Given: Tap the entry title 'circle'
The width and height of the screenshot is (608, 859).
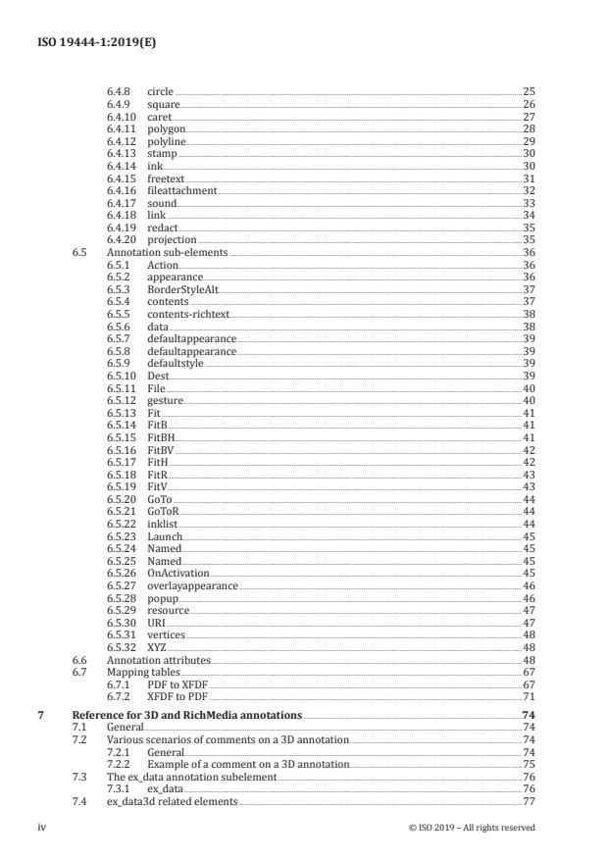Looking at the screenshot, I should pos(160,92).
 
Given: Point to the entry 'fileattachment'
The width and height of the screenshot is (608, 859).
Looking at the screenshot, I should pos(181,190).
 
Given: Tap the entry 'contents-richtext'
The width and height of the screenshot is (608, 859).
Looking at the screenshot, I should pos(186,314).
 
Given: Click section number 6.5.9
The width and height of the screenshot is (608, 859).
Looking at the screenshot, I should pos(119,363).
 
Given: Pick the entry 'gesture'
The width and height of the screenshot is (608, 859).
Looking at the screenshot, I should pos(165,400).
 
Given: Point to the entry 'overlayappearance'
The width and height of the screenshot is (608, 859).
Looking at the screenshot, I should pos(192,585).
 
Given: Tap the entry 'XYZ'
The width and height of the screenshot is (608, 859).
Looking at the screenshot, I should pos(157,647).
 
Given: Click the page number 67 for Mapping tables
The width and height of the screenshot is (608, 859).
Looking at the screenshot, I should pos(530,672).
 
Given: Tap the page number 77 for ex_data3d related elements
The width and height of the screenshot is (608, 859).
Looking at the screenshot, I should pos(530,801).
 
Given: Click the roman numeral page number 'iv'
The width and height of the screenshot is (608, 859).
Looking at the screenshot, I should pos(42,828).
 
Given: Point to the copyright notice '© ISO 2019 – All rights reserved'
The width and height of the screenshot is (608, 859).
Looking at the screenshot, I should pos(473,828).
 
